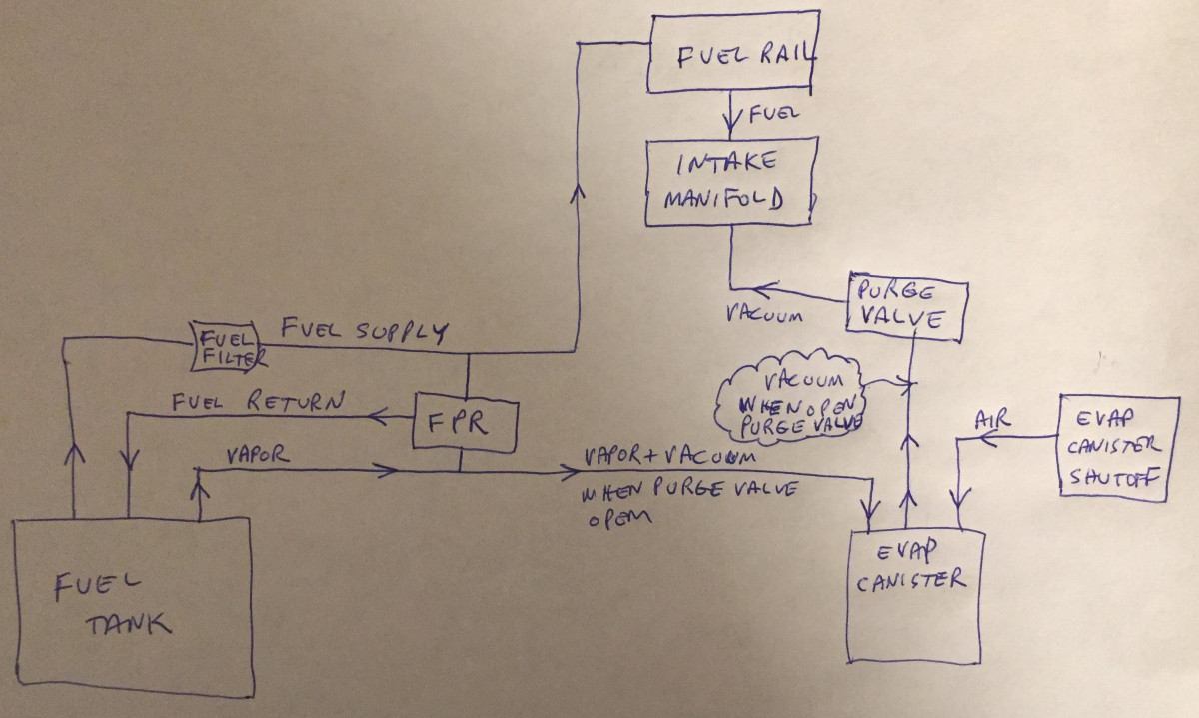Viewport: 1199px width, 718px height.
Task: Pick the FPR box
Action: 466,424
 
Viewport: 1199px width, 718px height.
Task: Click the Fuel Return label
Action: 258,403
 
